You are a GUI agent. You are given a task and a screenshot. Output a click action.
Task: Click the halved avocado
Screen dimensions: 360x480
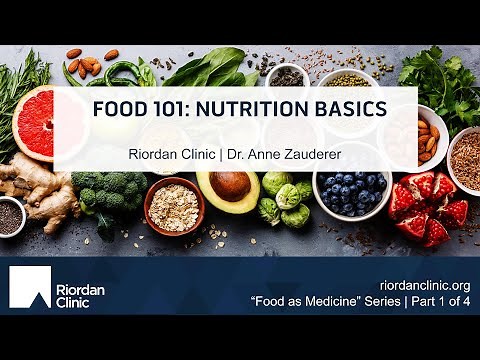pos(227,189)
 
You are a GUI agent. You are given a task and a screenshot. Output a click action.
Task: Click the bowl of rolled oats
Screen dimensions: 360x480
pos(173,203)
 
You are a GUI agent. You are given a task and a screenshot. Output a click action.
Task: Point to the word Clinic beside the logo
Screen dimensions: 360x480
pos(76,297)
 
